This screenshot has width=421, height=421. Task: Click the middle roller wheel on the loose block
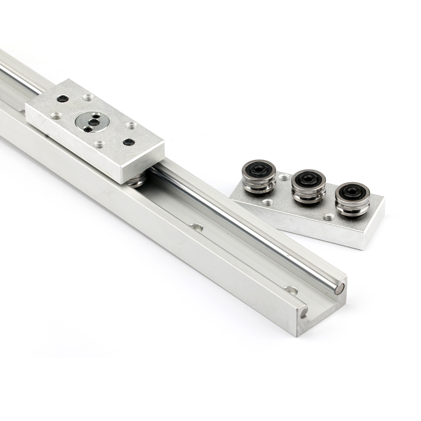point(309,185)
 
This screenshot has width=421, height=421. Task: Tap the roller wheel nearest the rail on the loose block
point(258,176)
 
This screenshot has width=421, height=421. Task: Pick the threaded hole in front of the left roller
point(266,203)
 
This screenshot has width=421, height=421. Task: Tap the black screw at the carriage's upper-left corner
point(63,99)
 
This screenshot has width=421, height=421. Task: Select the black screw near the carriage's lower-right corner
point(129,142)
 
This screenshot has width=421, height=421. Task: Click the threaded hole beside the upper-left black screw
point(88,98)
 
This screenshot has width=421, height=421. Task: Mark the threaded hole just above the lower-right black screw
point(132,125)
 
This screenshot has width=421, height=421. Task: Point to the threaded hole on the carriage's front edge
point(100,145)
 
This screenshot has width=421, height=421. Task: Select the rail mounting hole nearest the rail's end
point(291,290)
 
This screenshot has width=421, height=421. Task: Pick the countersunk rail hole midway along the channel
point(196,227)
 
